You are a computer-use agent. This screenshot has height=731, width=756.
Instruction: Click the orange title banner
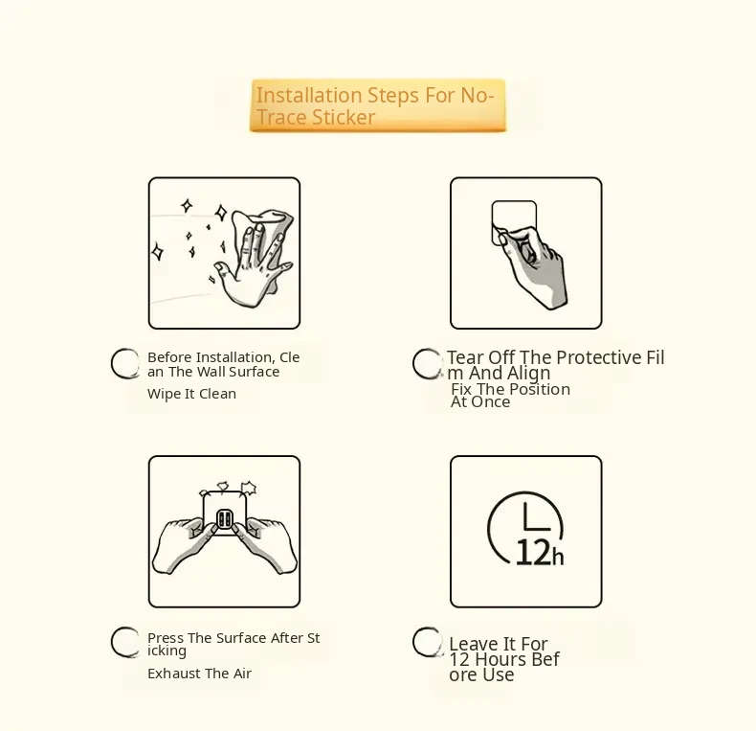point(377,105)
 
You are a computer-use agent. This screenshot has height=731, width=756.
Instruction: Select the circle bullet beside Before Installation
point(125,363)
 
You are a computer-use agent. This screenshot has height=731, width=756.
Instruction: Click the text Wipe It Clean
point(192,394)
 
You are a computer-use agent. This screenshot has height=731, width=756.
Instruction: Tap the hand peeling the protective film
point(533,266)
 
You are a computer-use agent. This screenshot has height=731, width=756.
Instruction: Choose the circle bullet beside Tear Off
point(427,363)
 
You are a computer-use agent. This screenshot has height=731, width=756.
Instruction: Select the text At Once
point(480,401)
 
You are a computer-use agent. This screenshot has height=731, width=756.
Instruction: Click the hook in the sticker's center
point(224,519)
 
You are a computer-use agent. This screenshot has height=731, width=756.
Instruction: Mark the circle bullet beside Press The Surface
point(125,642)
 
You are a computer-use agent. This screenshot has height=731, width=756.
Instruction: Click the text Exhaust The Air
point(200,674)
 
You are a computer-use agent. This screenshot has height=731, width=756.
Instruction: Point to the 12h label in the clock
point(540,553)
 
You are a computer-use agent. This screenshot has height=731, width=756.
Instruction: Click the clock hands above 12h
point(536,517)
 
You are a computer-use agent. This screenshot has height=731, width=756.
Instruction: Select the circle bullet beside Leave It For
point(427,642)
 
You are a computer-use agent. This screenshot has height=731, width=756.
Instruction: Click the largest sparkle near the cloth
point(221,213)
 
